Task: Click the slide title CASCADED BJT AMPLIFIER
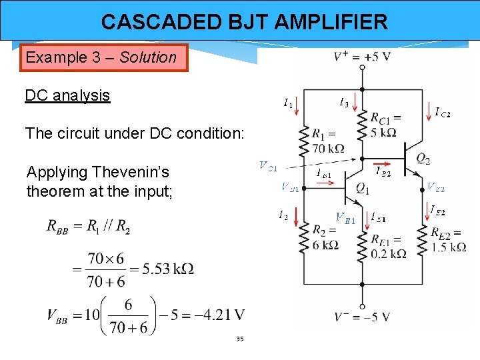[244, 22]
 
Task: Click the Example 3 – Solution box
[101, 57]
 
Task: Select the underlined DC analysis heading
[67, 95]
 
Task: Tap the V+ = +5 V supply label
[362, 56]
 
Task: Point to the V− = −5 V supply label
[363, 317]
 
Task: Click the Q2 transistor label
[423, 159]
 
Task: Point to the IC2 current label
[442, 113]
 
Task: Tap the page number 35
[240, 339]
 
